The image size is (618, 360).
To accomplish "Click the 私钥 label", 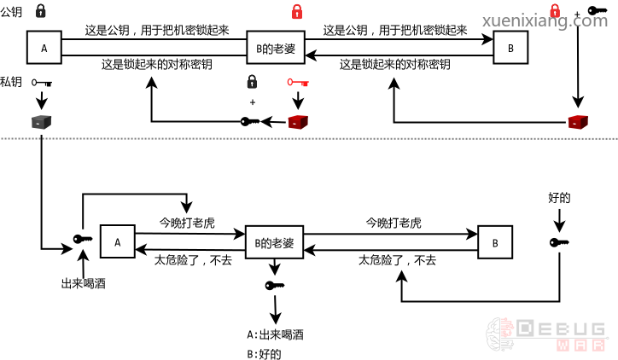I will [11, 81].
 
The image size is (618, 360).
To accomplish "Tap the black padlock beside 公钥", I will [42, 11].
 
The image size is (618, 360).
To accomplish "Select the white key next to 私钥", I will [42, 83].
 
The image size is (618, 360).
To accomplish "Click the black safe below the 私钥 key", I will [42, 121].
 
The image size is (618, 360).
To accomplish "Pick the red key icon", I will [297, 83].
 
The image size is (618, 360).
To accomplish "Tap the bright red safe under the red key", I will [297, 122].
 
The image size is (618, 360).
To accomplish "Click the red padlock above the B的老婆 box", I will [297, 11].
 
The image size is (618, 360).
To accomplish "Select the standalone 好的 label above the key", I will [558, 197].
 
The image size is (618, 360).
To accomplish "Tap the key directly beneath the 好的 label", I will [558, 243].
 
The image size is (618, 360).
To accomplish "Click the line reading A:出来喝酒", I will [275, 334].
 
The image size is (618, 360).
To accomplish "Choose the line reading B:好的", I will [264, 353].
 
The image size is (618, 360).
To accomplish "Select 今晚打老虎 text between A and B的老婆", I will [187, 224].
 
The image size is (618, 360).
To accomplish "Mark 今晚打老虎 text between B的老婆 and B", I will [394, 224].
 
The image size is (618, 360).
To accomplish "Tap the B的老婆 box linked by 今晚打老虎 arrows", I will [275, 243].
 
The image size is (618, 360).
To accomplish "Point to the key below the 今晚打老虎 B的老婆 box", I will [275, 285].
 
